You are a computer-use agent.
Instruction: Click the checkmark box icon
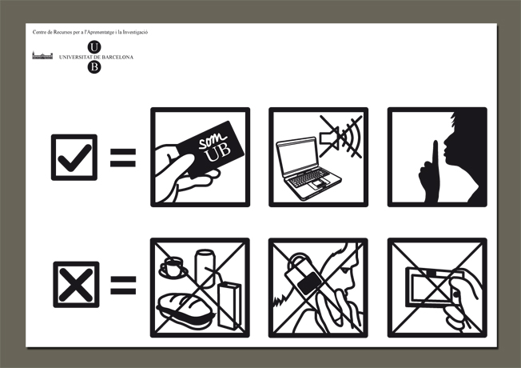point(74,158)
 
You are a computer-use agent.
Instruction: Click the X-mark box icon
point(76,285)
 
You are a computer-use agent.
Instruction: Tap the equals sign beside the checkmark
point(123,158)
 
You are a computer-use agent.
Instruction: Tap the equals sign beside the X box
point(123,285)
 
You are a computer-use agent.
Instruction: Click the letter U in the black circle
point(94,47)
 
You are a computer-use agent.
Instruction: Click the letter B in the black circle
point(94,67)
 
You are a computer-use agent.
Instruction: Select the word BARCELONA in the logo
point(117,58)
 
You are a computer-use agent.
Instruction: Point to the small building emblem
point(42,55)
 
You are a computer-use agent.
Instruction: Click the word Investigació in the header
point(135,32)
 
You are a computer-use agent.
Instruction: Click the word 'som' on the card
point(212,140)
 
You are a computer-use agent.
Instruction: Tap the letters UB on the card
point(218,153)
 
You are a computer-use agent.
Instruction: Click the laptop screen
point(297,156)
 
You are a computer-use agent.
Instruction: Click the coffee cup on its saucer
point(173,267)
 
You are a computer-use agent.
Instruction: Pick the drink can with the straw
point(205,268)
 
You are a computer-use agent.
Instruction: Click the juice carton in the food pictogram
point(229,306)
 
